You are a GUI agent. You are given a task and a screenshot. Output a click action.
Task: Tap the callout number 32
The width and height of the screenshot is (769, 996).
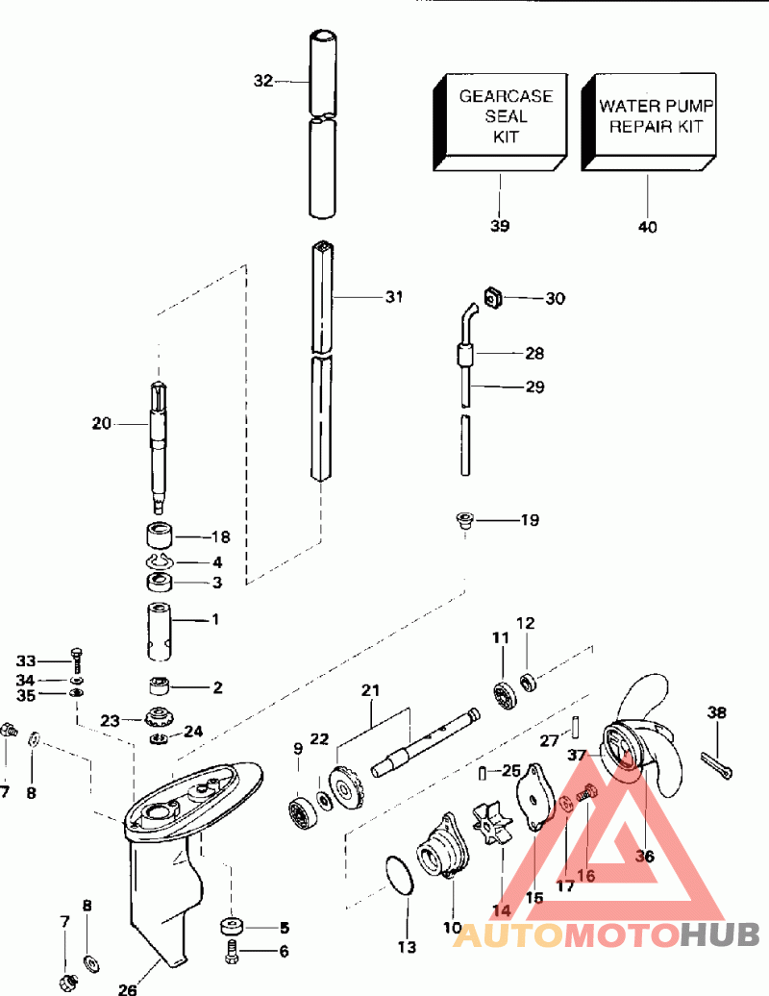click(263, 82)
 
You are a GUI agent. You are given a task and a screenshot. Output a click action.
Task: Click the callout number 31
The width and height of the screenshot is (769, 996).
click(391, 297)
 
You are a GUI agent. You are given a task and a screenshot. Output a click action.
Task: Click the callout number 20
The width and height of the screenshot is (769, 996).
click(102, 422)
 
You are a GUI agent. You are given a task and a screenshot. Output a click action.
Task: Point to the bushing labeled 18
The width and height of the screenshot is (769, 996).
click(160, 535)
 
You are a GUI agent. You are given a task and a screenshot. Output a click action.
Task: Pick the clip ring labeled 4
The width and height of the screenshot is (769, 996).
click(159, 561)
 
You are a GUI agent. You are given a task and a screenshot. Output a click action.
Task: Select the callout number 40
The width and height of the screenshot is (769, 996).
click(648, 227)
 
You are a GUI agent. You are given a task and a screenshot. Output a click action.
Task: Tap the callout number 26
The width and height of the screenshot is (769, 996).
click(129, 987)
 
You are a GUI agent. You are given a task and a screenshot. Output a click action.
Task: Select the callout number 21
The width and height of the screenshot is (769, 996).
click(371, 690)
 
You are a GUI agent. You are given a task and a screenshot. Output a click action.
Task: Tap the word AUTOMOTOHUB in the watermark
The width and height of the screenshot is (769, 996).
click(607, 934)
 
